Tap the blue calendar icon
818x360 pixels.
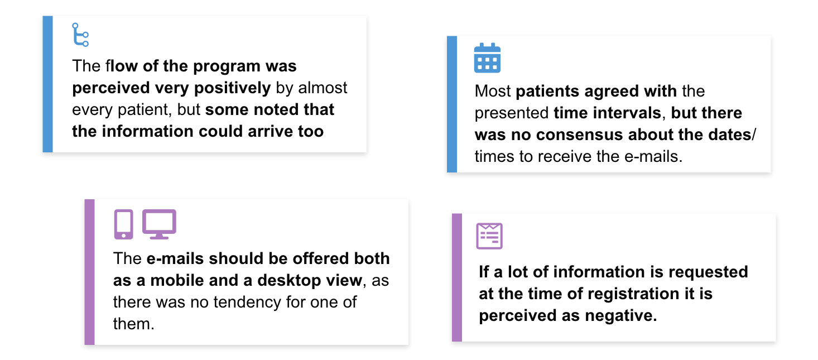[x=487, y=57]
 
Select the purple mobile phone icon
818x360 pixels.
[x=123, y=224]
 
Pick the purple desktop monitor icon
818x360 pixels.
[x=159, y=224]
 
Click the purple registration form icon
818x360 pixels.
[x=489, y=236]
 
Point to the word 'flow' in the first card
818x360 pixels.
[x=122, y=66]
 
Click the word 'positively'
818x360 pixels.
[x=233, y=88]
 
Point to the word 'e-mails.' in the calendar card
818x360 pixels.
[x=653, y=157]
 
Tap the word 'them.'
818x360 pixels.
[x=134, y=324]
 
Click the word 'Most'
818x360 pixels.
[x=493, y=91]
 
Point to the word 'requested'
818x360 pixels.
[x=708, y=272]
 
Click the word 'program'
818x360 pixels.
[x=227, y=66]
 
